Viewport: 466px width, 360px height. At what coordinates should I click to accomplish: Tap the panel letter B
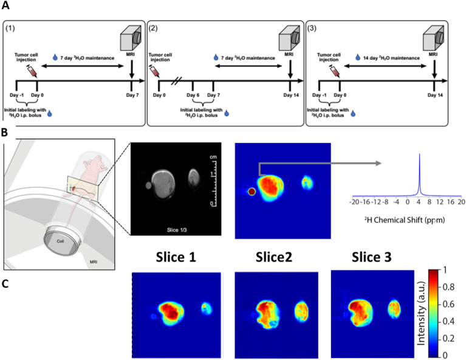click(x=6, y=131)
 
